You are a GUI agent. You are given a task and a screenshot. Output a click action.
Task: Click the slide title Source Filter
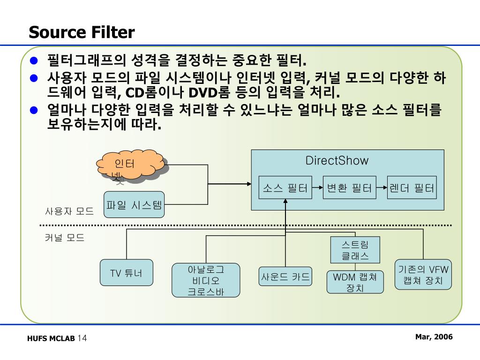click(x=82, y=32)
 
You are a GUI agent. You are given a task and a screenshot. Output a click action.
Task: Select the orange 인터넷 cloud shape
click(x=131, y=165)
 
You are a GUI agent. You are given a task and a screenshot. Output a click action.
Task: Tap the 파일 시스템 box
click(x=134, y=205)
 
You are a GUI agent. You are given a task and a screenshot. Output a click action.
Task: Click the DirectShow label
click(x=337, y=161)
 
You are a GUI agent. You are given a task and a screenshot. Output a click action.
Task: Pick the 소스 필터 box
click(x=285, y=188)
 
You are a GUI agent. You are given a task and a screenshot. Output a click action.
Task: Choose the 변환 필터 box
click(x=349, y=188)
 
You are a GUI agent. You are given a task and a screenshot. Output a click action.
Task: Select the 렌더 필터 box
click(x=412, y=188)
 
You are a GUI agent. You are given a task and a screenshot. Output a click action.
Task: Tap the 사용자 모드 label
click(x=69, y=211)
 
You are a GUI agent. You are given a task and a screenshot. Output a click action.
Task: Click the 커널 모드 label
click(x=65, y=238)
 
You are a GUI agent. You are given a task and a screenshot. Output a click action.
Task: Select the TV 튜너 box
click(x=127, y=273)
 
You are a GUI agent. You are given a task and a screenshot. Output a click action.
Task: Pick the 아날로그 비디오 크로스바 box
click(x=206, y=280)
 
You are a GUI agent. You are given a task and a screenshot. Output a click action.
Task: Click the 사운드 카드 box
click(x=285, y=277)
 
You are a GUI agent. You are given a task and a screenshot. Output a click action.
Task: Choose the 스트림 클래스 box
click(x=355, y=250)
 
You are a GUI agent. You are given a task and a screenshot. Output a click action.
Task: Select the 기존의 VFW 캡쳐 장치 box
click(x=423, y=275)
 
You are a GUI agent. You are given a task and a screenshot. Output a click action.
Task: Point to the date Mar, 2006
click(x=434, y=337)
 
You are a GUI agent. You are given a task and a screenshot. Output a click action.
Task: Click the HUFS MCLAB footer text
click(x=51, y=339)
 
